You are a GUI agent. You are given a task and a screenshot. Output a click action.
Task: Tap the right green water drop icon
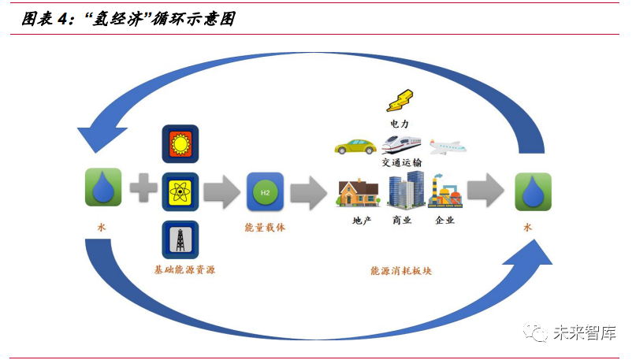click(533, 191)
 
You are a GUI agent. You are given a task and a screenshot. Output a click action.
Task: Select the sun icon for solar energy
click(180, 144)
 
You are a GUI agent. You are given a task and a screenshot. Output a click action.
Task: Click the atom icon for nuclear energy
click(180, 191)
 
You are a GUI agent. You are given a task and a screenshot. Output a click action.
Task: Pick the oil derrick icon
click(180, 239)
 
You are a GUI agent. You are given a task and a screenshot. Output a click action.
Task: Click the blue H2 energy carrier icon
click(265, 191)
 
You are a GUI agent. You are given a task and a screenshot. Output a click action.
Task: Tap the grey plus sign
click(143, 191)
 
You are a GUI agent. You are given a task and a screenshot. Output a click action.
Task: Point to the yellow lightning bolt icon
click(400, 101)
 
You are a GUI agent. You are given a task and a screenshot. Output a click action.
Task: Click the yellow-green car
click(355, 147)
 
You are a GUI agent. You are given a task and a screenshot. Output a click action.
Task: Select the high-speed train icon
click(401, 145)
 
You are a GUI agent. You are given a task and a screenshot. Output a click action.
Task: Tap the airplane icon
click(448, 147)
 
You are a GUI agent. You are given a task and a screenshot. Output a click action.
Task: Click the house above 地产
click(359, 193)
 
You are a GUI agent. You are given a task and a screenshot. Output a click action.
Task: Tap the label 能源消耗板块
click(401, 270)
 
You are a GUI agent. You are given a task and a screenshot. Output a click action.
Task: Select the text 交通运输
click(402, 162)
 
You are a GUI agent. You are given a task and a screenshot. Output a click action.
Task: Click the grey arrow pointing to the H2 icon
click(222, 191)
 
